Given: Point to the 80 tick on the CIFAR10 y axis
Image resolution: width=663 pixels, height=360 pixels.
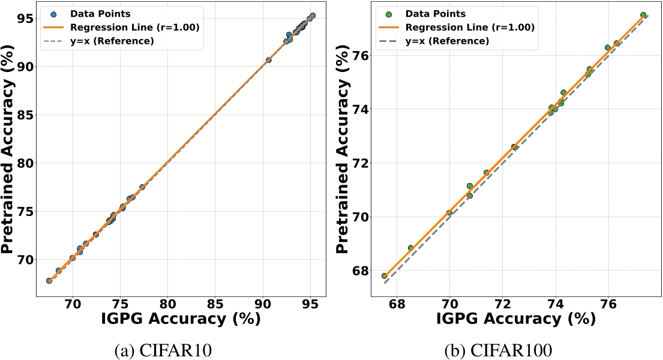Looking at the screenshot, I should click(28, 163).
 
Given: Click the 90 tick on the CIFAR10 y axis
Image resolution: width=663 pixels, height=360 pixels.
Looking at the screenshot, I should click(28, 66).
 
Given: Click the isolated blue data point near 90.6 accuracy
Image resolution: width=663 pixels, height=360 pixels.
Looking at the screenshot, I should click(268, 60).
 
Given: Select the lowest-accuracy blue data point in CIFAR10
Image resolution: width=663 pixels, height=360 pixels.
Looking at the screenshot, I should click(49, 281).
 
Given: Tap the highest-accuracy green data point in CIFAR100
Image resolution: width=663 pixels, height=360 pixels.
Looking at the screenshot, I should click(643, 15).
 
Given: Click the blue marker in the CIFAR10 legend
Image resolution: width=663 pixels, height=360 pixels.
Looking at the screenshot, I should click(53, 13).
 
